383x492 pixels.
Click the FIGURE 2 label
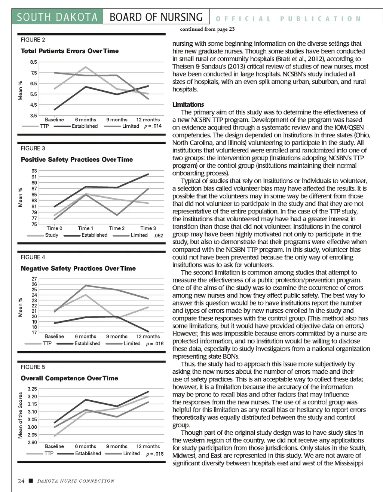33,40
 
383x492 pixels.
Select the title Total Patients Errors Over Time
70,51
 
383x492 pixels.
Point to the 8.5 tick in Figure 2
34,62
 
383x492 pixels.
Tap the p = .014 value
153,126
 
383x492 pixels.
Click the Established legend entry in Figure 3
94,235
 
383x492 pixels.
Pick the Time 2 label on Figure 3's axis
117,228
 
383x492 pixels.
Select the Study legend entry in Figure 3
52,235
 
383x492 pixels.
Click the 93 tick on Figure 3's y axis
34,171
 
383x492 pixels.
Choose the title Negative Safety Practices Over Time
78,268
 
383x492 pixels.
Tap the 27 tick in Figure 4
34,279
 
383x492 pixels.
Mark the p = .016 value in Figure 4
154,343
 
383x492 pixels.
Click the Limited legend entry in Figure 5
131,453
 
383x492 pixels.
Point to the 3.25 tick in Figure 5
33,389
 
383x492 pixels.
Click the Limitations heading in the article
188,104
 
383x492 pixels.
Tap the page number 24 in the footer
21,481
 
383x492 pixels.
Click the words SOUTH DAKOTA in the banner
57,17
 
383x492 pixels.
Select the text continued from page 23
207,29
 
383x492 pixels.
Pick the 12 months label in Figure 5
148,446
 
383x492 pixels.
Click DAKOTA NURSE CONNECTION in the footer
76,481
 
